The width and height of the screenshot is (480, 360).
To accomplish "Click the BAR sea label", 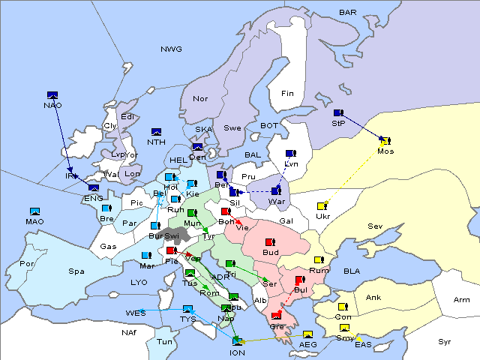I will coord(348,13).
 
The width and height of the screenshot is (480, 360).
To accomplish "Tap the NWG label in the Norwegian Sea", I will coord(171,49).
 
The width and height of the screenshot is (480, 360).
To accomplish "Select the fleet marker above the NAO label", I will coord(52,95).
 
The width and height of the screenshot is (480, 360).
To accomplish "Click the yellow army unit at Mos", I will coord(385,140).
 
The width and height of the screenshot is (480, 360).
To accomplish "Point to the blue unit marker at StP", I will coord(337,113).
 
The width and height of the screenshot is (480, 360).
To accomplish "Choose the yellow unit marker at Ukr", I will coord(322,206).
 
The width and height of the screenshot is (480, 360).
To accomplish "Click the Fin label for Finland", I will coord(286,94).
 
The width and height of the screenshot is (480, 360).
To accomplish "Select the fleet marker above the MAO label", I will coord(34,211).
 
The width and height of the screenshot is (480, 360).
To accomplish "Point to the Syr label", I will coord(445,342).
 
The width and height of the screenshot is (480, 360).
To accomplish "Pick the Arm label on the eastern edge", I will coord(462,300).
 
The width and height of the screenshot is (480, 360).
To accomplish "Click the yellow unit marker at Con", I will coord(343,307).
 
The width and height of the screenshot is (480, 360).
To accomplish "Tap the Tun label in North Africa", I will coord(163,341).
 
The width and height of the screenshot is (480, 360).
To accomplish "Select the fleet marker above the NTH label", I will coord(157,132).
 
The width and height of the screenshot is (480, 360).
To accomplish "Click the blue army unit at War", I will coord(277,191).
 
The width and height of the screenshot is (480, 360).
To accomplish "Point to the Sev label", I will coord(375,226).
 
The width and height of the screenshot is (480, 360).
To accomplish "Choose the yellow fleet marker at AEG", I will coord(307,334).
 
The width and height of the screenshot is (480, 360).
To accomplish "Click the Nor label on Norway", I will coord(200,99).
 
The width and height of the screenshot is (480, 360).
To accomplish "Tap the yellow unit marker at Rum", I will coord(319,260).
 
